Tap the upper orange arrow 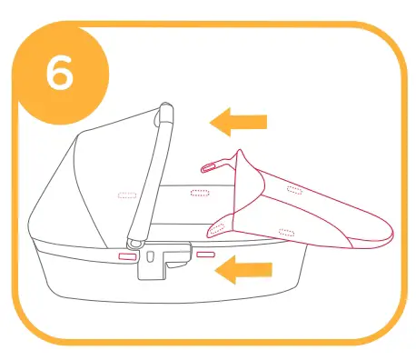pyautogui.click(x=237, y=121)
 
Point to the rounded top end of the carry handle pyautogui.click(x=165, y=111)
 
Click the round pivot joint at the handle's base pyautogui.click(x=135, y=244)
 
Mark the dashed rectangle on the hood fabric pyautogui.click(x=124, y=195)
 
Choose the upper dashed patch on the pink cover pyautogui.click(x=292, y=189)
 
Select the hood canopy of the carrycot pyautogui.click(x=86, y=173)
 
